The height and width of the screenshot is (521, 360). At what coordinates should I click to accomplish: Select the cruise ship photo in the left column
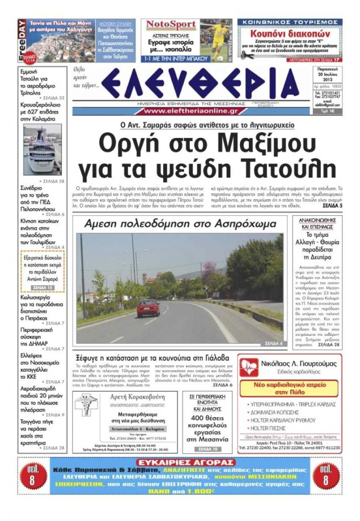pos(43,150)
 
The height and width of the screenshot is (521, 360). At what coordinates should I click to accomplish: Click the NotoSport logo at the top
pos(169,24)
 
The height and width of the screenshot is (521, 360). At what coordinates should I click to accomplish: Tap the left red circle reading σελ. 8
pos(33,476)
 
